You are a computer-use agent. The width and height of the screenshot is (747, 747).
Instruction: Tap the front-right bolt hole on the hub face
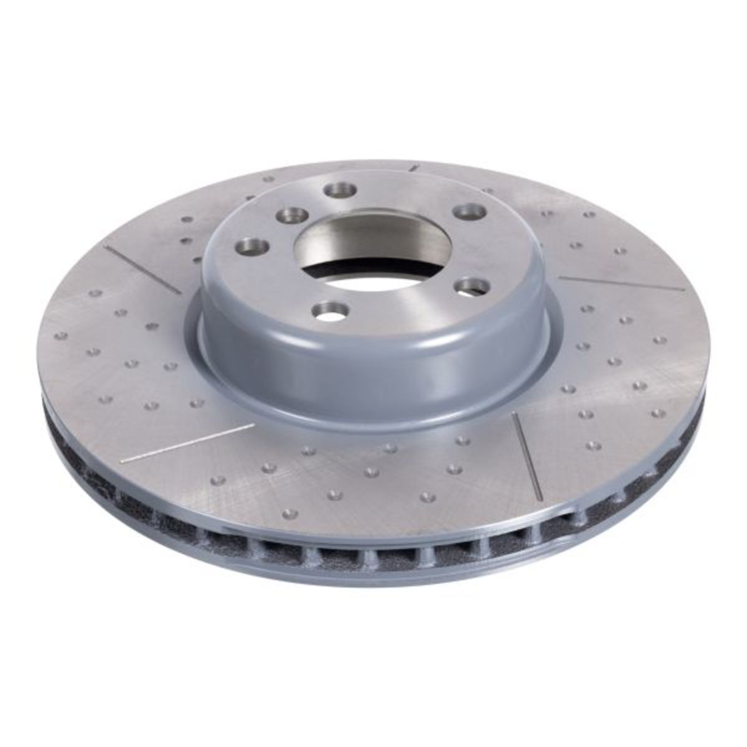tap(467, 287)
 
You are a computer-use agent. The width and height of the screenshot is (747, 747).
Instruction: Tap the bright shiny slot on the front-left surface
tap(187, 443)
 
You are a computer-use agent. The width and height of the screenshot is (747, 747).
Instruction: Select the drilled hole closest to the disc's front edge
tap(286, 514)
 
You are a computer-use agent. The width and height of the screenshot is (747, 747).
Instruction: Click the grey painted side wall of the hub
tap(374, 374)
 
